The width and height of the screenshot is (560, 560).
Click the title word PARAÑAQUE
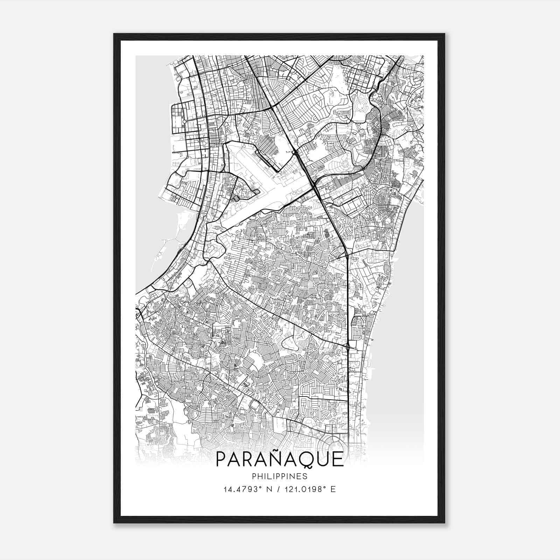point(280,460)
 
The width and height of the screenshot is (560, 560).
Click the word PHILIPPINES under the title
point(280,476)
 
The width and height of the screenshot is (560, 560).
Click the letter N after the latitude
point(268,489)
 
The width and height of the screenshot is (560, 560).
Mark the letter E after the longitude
point(333,489)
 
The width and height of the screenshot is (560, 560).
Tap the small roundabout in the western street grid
point(184,121)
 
